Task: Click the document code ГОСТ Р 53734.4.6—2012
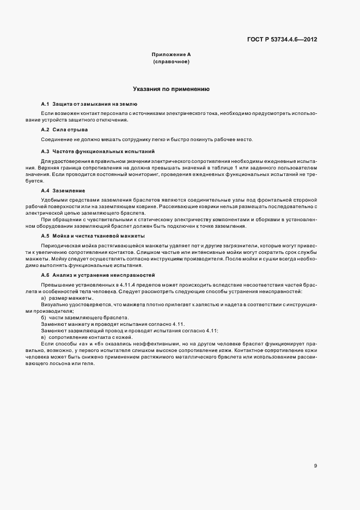point(283,40)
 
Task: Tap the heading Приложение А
point(171,55)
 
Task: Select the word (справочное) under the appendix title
point(171,62)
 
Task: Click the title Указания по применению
point(171,88)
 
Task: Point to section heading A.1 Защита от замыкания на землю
point(89,104)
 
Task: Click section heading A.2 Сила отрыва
point(64,130)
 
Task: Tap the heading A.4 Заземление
point(63,191)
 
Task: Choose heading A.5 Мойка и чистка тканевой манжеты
point(93,236)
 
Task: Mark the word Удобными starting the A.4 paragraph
point(54,201)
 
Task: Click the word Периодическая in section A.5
point(58,246)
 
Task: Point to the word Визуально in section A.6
point(53,305)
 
